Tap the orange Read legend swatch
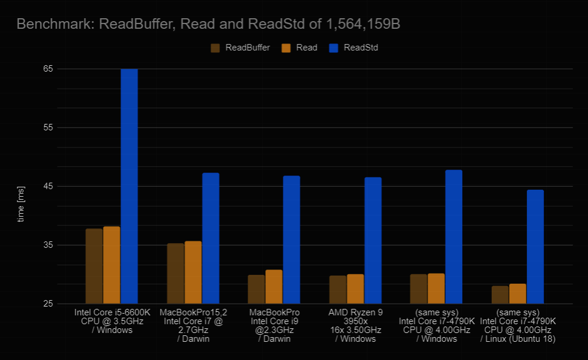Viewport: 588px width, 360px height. coord(287,48)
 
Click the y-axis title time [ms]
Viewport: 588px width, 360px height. coord(21,204)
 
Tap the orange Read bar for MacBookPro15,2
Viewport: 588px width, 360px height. coord(193,272)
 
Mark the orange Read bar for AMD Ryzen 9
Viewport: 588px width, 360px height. coord(355,289)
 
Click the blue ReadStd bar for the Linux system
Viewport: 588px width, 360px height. coord(535,247)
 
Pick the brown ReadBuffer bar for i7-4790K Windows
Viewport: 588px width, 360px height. coord(418,289)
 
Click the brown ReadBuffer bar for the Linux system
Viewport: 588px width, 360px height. coord(500,295)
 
